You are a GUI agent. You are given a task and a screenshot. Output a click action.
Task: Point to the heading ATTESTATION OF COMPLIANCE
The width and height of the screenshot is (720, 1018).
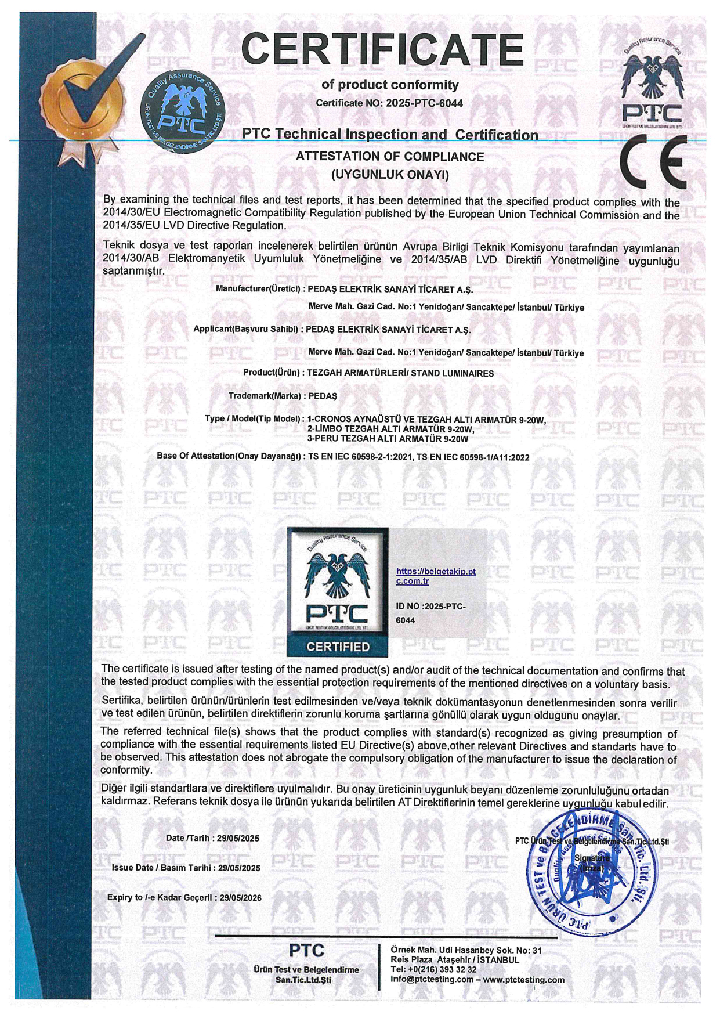tap(390, 157)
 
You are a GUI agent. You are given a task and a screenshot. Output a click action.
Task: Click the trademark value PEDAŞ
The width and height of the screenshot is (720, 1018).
tap(323, 396)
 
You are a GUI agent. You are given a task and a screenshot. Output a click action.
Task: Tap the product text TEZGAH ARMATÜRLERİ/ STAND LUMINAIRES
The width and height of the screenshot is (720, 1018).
tap(400, 373)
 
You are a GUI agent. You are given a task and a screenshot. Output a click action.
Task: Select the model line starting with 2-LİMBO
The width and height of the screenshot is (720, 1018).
tap(390, 429)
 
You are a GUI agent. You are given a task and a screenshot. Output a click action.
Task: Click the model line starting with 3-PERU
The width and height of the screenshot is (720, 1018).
tap(388, 439)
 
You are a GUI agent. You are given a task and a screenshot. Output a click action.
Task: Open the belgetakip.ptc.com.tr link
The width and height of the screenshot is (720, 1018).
tap(435, 576)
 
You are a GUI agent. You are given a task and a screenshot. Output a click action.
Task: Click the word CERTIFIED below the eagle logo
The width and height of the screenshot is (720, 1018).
tap(338, 647)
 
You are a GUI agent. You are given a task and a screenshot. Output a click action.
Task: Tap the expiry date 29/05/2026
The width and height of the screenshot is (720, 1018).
tap(241, 897)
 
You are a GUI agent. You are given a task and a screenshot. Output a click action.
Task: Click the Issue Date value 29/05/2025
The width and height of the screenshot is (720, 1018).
tap(239, 868)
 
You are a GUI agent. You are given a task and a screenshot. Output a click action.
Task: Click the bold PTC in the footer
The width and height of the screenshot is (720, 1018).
tap(306, 951)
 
